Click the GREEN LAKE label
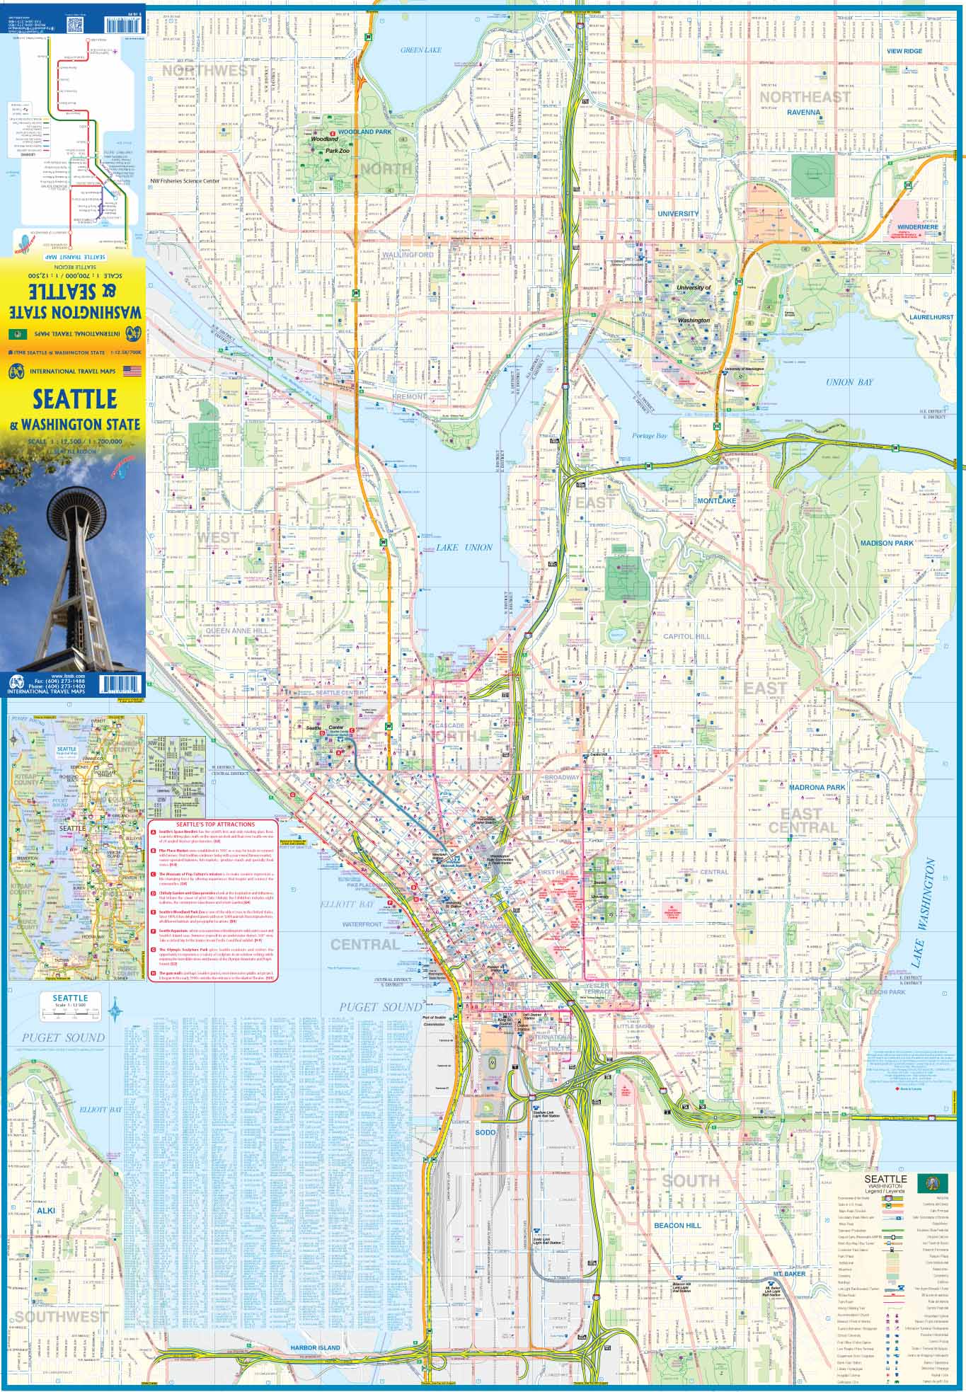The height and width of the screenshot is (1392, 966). pyautogui.click(x=420, y=50)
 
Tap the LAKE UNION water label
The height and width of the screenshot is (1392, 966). pyautogui.click(x=464, y=547)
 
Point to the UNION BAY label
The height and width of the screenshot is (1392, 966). pyautogui.click(x=849, y=382)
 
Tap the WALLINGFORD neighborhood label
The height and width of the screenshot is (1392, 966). pyautogui.click(x=407, y=254)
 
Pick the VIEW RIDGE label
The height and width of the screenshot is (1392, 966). pyautogui.click(x=904, y=51)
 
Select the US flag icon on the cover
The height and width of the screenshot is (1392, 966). pyautogui.click(x=132, y=370)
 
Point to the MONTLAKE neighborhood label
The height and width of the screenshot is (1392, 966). pyautogui.click(x=717, y=500)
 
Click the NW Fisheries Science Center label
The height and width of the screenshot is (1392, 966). pyautogui.click(x=185, y=181)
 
